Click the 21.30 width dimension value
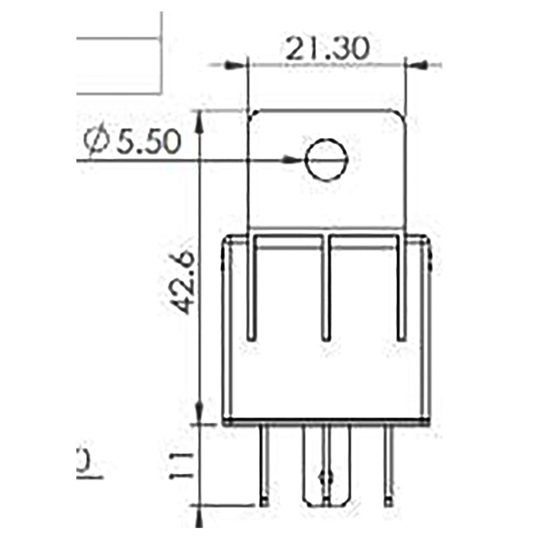327,50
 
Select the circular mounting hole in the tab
325,160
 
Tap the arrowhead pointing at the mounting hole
292,160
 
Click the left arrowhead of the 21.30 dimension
235,65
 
